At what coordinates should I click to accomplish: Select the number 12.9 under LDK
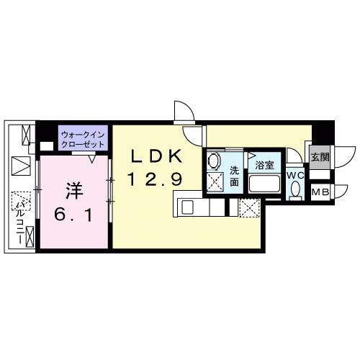click(156, 179)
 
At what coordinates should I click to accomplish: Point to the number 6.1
click(71, 214)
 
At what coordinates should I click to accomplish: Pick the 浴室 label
click(264, 166)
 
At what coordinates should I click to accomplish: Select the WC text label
click(296, 175)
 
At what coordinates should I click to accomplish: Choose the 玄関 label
click(320, 157)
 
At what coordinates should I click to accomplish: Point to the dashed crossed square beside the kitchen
click(250, 207)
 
